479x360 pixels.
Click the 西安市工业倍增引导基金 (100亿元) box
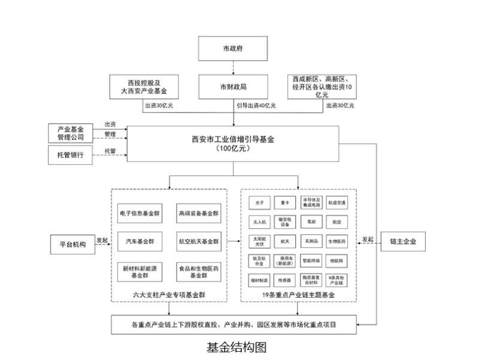click(x=233, y=143)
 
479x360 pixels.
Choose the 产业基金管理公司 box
click(x=71, y=133)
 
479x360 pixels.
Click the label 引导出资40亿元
click(x=256, y=106)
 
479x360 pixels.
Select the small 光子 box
click(x=259, y=202)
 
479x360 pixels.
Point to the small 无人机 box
click(x=259, y=222)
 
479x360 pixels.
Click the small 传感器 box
click(x=284, y=280)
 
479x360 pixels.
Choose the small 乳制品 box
click(x=311, y=241)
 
